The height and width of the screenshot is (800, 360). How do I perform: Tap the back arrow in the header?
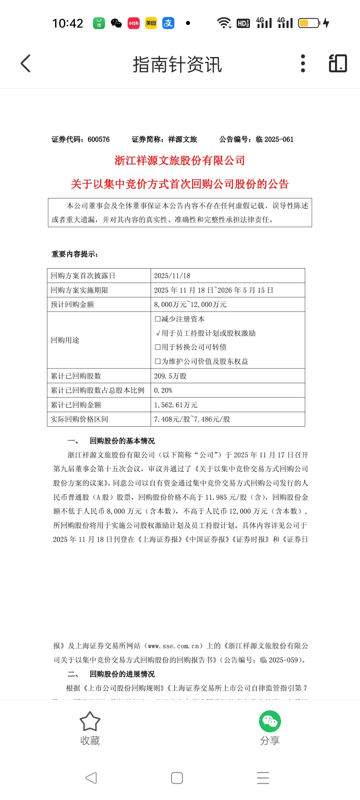point(26,63)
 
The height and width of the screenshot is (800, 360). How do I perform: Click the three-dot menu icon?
point(303,63)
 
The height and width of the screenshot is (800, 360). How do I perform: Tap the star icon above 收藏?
point(90,721)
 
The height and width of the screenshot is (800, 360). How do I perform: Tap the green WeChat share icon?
point(270,721)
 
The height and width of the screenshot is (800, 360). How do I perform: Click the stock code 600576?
point(98,139)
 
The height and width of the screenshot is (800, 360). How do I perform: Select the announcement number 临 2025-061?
point(274,139)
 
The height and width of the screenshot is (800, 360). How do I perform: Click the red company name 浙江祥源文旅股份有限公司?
point(180,161)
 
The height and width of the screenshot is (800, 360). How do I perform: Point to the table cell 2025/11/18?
point(172,276)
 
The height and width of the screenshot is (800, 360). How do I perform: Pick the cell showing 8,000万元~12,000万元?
point(190,304)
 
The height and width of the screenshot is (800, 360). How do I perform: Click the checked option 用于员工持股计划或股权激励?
point(208,333)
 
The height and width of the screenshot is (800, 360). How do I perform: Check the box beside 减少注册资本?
point(158,319)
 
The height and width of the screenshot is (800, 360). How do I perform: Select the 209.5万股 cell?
point(170,376)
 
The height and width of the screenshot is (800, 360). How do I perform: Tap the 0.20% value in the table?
point(163,390)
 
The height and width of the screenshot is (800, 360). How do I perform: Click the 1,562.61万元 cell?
point(176,405)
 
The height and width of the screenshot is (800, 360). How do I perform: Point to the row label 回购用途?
point(65,340)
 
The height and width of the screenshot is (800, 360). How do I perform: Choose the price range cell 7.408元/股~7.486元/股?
point(192,419)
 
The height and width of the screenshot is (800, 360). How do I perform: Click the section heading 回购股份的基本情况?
point(122,441)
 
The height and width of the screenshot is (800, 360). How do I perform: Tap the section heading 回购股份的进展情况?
point(122,674)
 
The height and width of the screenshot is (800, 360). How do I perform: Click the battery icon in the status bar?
point(309,23)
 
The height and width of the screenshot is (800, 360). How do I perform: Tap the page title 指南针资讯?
point(177,64)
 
